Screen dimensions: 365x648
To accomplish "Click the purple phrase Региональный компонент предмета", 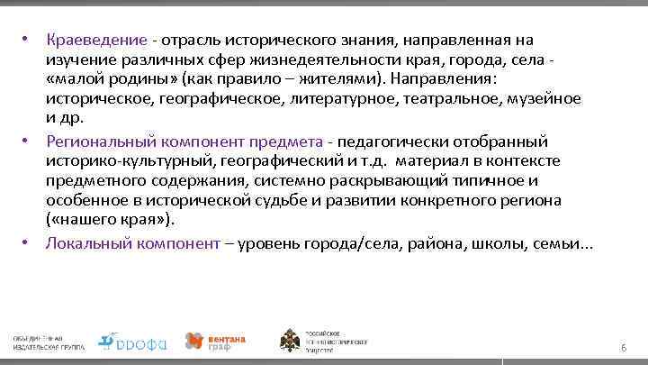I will [184, 142].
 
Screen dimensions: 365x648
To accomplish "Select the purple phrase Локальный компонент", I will [132, 243].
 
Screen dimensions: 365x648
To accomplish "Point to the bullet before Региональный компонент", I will [28, 142].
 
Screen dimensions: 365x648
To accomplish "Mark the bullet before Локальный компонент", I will [28, 243].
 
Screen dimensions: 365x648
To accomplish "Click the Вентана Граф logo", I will [215, 340].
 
